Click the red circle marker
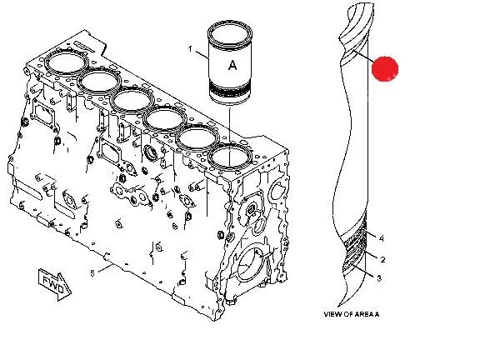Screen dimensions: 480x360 pyautogui.click(x=385, y=69)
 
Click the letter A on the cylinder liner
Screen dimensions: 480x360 pyautogui.click(x=232, y=65)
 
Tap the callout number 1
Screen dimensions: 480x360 pyautogui.click(x=190, y=49)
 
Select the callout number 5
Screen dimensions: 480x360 pyautogui.click(x=92, y=273)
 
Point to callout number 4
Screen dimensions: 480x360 pyautogui.click(x=381, y=238)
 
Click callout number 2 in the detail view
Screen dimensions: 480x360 pyautogui.click(x=382, y=260)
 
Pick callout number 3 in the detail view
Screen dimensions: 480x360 pyautogui.click(x=379, y=278)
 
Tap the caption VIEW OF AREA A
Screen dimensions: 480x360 pyautogui.click(x=352, y=314)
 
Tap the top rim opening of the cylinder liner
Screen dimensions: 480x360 pyautogui.click(x=230, y=33)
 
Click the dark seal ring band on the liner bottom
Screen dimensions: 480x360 pyautogui.click(x=230, y=90)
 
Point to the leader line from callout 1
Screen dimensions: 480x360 pyautogui.click(x=202, y=54)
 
